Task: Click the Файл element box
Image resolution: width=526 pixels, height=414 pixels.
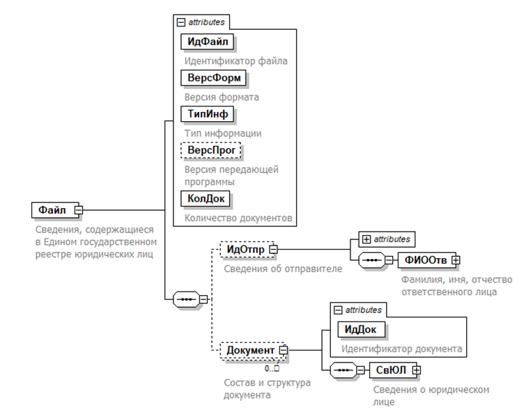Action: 53,209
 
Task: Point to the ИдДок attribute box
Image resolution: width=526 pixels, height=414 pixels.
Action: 362,328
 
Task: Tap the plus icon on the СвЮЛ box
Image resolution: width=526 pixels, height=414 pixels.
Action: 417,369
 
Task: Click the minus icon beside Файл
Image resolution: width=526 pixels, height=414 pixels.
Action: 79,209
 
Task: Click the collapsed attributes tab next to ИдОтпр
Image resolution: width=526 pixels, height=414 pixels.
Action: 387,239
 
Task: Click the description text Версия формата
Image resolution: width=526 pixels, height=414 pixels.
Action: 222,97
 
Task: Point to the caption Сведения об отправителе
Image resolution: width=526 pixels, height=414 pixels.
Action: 283,268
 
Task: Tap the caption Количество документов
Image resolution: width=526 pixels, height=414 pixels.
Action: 237,218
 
